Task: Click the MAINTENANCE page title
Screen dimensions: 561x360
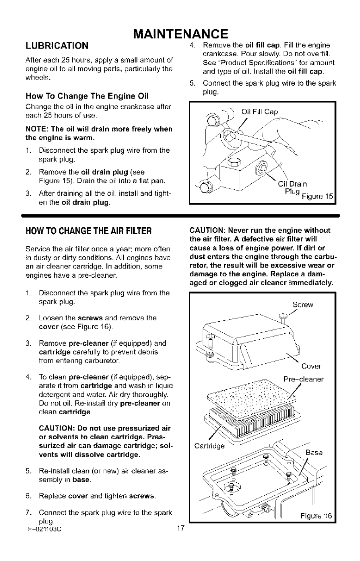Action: pos(180,34)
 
